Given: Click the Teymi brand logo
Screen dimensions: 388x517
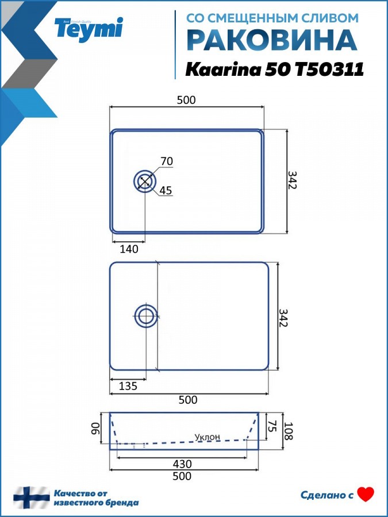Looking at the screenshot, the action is [89, 29].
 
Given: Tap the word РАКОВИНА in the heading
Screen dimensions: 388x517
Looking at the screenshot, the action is [272, 41].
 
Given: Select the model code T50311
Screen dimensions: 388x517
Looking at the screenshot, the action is [329, 70].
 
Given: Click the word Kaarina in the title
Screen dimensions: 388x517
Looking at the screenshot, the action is [224, 70].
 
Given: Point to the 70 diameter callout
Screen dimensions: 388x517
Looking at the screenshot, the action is [167, 161].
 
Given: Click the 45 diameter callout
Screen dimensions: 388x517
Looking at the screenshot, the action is [166, 191].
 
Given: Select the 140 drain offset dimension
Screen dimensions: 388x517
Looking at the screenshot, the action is [129, 249].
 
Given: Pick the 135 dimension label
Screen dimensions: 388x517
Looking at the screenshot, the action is [128, 385].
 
